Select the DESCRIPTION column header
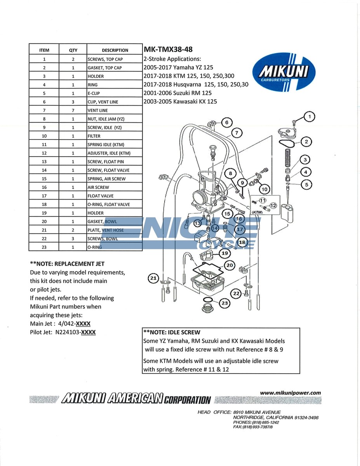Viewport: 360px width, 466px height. [115, 50]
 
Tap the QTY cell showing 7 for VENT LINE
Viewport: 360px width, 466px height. [73, 110]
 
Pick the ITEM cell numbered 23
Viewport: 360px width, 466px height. [44, 247]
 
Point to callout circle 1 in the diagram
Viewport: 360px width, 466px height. [310, 116]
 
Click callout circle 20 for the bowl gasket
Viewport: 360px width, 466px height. [230, 265]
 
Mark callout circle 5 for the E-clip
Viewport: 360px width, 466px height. [307, 185]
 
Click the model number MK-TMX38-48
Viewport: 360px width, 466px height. [168, 49]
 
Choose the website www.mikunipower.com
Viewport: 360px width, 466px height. [290, 393]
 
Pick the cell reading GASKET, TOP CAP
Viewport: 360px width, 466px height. [104, 68]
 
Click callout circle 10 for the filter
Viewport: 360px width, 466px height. [264, 189]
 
